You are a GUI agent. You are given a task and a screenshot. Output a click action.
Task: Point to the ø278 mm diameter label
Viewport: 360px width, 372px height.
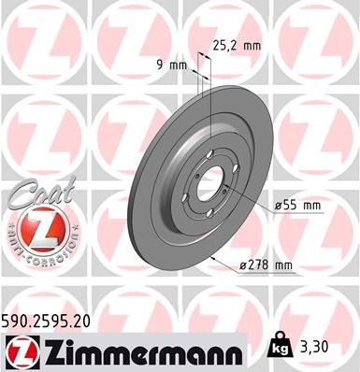pyautogui.click(x=265, y=265)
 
